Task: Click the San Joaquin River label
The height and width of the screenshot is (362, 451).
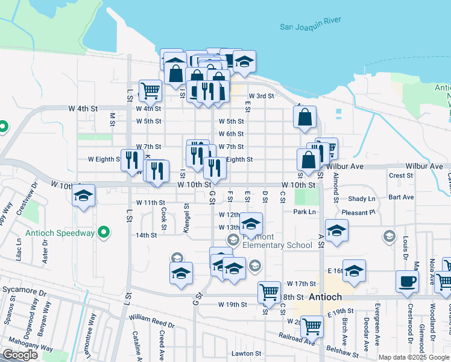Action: (310, 26)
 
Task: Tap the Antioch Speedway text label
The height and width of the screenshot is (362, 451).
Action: (60, 232)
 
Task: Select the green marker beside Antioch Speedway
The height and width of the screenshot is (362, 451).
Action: (104, 232)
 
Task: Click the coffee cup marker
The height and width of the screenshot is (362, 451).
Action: (407, 281)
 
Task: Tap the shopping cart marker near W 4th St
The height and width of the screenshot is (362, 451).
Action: (151, 91)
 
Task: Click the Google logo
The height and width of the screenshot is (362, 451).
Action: (20, 355)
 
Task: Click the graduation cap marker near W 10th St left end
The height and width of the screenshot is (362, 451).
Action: (84, 195)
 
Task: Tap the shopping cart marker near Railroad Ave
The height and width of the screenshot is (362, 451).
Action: (312, 326)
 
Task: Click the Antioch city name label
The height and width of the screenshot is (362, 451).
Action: (325, 297)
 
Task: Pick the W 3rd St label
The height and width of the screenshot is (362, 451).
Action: (262, 96)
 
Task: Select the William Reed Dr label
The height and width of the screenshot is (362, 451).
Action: (151, 320)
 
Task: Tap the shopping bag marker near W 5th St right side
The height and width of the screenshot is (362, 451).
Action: (306, 116)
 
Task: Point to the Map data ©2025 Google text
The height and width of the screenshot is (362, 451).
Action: (414, 357)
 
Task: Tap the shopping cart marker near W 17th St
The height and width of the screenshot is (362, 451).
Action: (269, 292)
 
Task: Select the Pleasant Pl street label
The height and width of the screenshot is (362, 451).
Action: (360, 212)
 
